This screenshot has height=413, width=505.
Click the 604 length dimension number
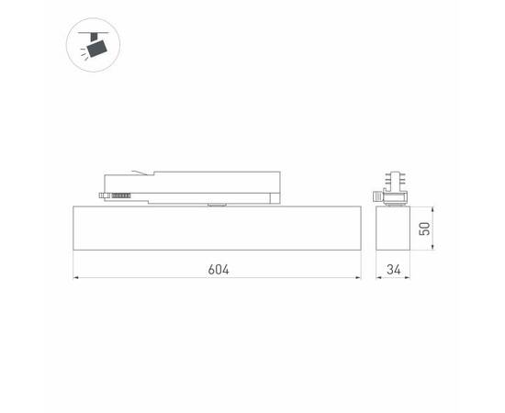point(218,269)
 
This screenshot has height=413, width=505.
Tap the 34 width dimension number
point(393,269)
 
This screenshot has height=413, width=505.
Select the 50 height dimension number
point(424,229)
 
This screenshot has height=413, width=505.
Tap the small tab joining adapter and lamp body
point(217,206)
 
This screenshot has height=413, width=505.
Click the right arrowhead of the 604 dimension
point(357,276)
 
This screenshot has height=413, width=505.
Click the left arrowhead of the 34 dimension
point(379,276)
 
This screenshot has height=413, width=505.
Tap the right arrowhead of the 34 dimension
point(410,276)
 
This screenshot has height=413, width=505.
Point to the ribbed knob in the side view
point(377,195)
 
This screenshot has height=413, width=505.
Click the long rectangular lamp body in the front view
point(217,229)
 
